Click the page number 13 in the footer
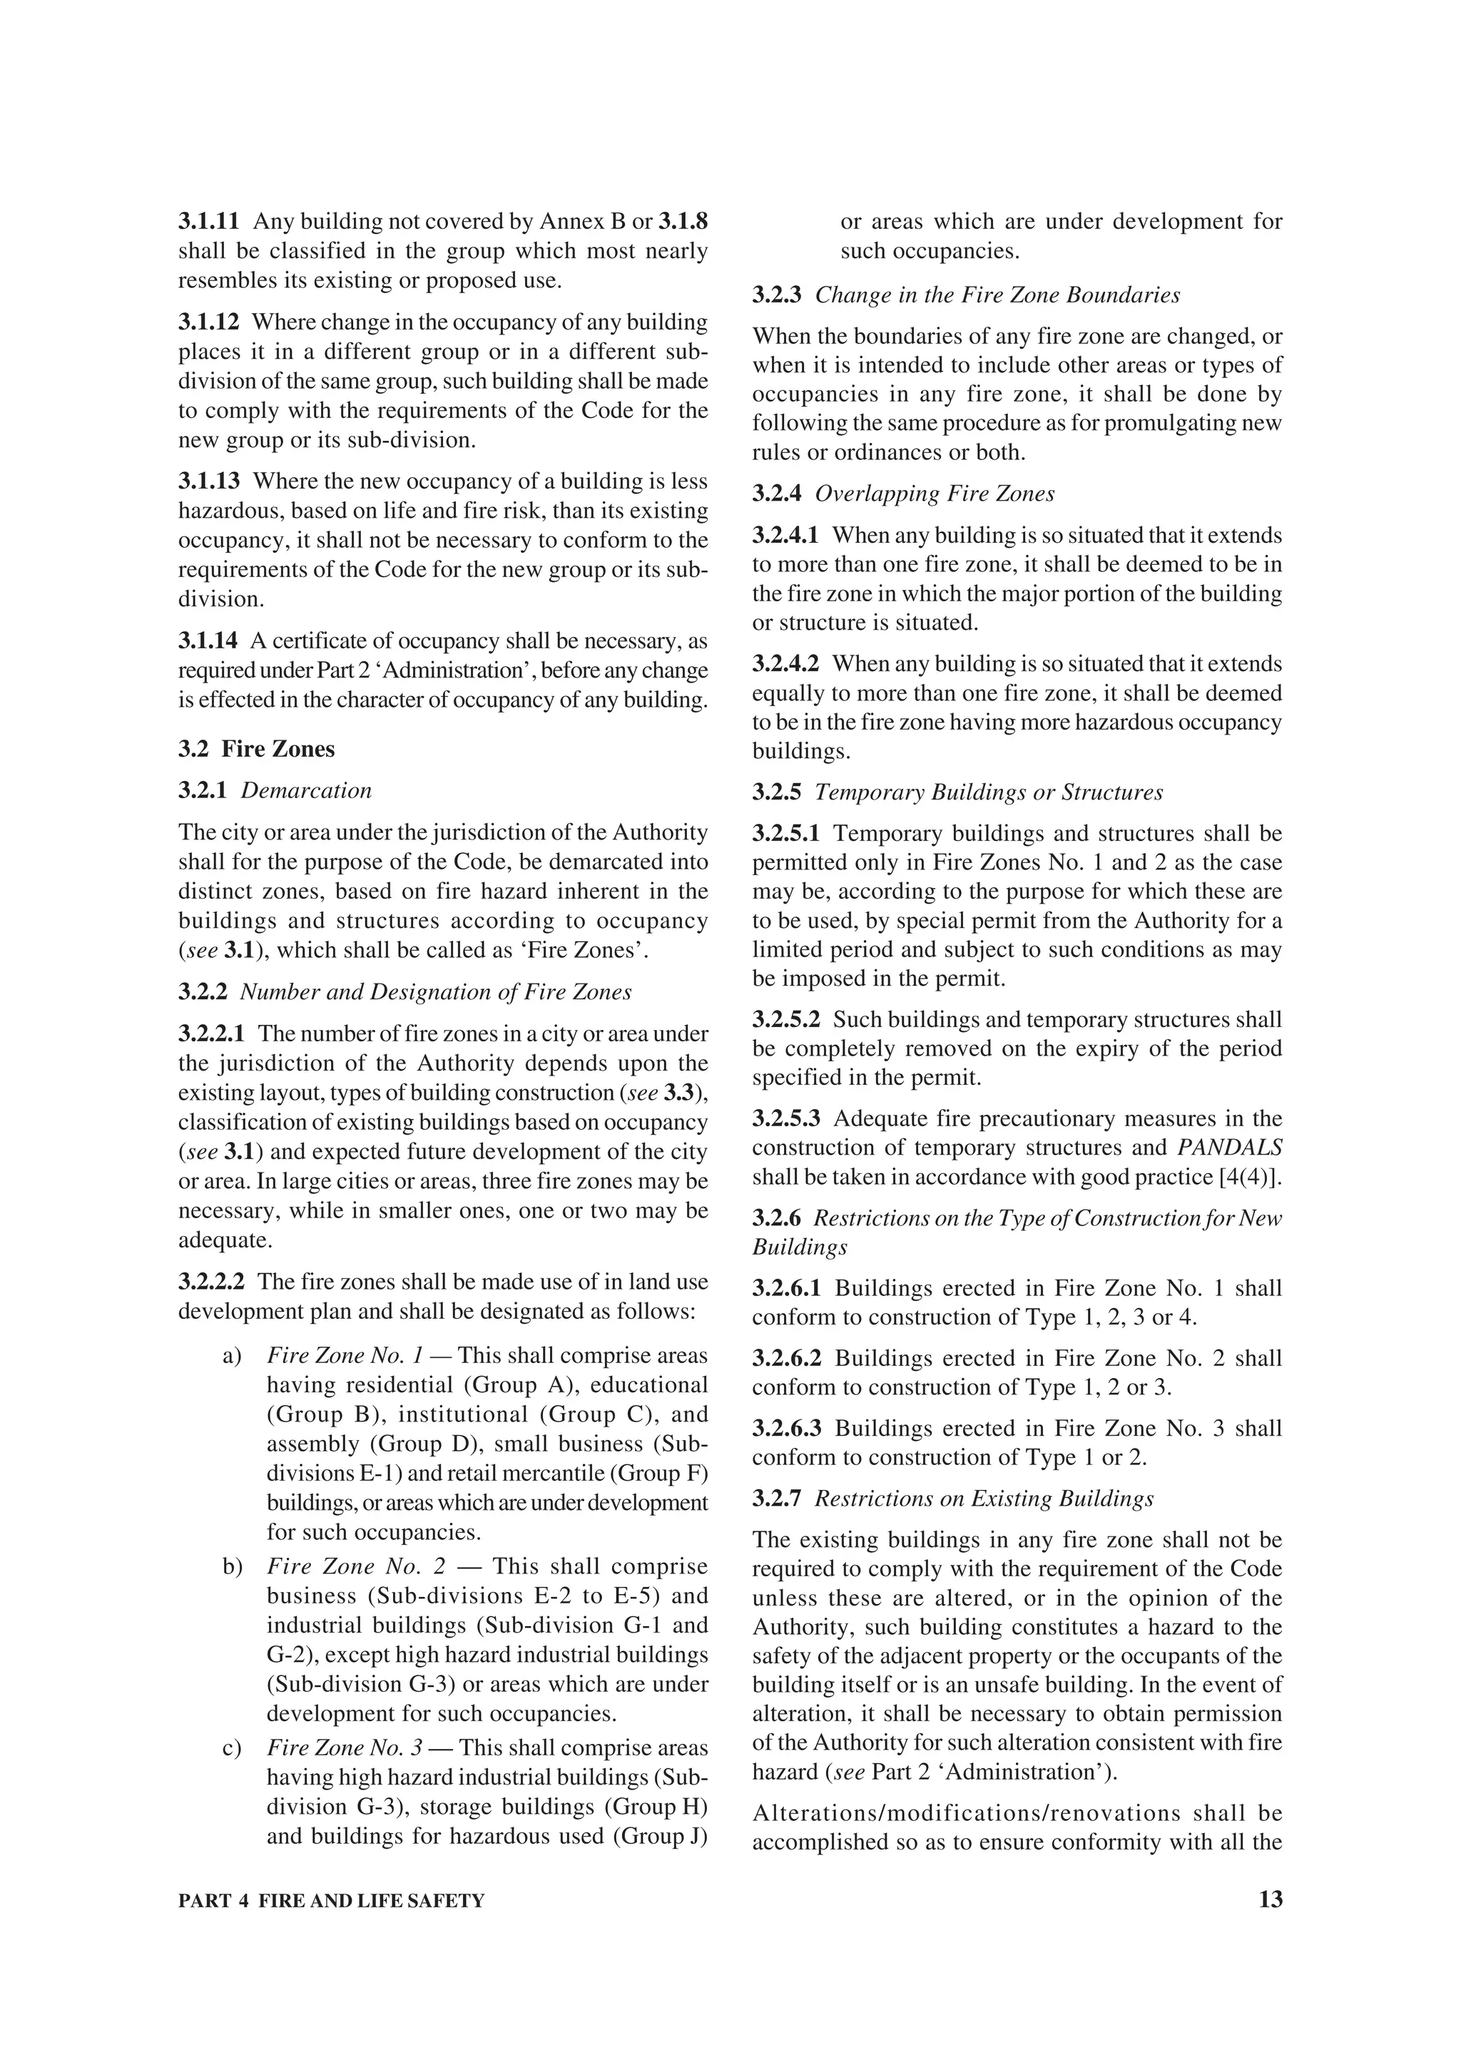click(x=1270, y=1899)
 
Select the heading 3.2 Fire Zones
click(x=257, y=749)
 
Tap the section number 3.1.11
click(x=209, y=221)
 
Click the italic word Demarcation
click(x=306, y=790)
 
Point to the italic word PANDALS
click(x=1230, y=1148)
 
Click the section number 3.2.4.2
click(x=786, y=663)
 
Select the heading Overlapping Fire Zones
click(x=935, y=494)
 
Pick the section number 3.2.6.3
click(x=787, y=1428)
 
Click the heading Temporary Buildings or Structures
click(x=989, y=792)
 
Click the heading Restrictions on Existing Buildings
click(x=984, y=1498)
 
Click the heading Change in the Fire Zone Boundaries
click(x=997, y=295)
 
